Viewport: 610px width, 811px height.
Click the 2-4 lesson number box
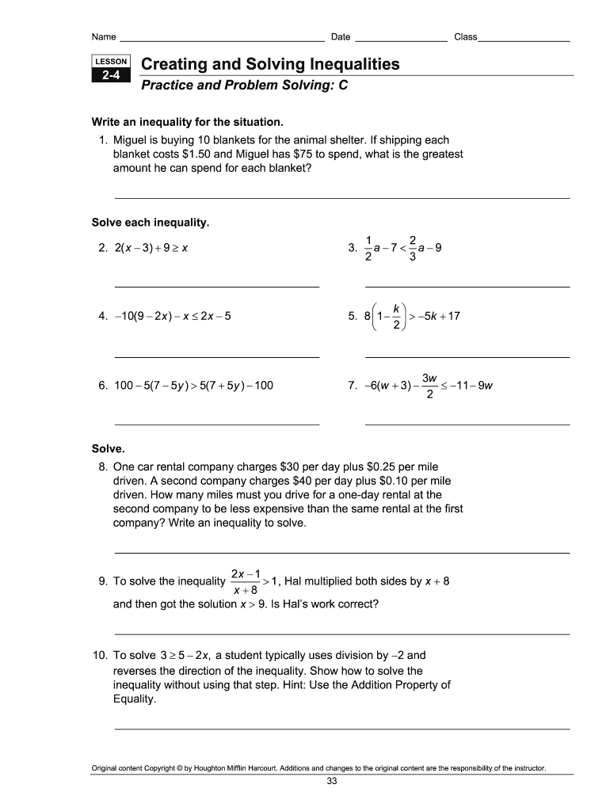(111, 76)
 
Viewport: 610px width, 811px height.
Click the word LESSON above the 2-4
(111, 62)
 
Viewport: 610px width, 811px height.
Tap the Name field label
(104, 37)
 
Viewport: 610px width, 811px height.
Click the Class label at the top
(465, 37)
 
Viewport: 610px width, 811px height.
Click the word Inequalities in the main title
(347, 64)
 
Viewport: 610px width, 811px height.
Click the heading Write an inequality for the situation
(188, 123)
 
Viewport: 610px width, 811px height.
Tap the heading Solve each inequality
(151, 223)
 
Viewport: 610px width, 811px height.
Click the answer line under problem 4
(217, 356)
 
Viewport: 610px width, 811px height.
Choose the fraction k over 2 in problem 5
(395, 315)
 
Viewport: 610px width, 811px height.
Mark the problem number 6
(103, 386)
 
